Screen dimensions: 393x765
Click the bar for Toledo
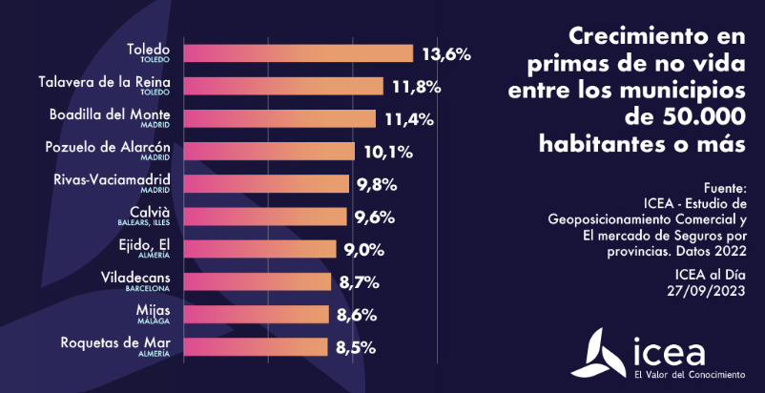coord(297,53)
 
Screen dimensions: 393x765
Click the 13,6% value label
coord(446,54)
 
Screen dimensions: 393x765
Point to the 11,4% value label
coord(409,119)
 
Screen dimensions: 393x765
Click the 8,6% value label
coord(358,315)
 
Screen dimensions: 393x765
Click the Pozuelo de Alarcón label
coord(108,147)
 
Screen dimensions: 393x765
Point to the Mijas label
coord(154,310)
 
